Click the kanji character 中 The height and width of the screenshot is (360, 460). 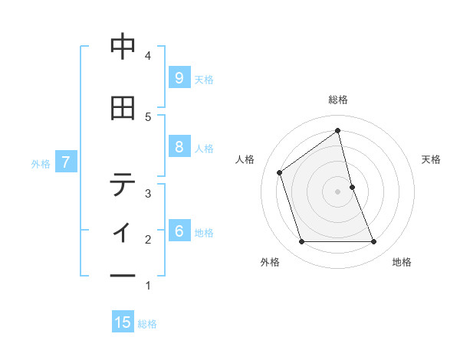click(123, 47)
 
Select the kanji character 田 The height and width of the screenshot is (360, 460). click(123, 108)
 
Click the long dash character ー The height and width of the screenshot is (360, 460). click(123, 277)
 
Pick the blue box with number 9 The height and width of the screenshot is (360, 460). click(179, 78)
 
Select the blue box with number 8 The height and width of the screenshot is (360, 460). click(179, 147)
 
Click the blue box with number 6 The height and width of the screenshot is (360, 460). click(179, 231)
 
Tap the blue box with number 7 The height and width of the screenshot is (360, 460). click(67, 162)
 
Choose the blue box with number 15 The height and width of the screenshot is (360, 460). click(123, 322)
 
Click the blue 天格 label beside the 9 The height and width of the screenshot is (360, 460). click(204, 79)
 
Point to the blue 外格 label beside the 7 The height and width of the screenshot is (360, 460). click(41, 163)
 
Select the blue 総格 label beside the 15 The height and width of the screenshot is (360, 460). click(147, 324)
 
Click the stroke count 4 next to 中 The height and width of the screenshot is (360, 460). click(148, 55)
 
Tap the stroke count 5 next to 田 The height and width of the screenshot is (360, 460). click(148, 116)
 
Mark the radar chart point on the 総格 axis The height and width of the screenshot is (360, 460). click(337, 131)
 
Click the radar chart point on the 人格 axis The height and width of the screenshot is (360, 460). click(280, 172)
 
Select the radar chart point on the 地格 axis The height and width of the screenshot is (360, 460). click(374, 242)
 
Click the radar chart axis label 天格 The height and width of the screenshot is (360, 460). click(432, 159)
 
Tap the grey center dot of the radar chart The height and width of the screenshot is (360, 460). click(337, 191)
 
